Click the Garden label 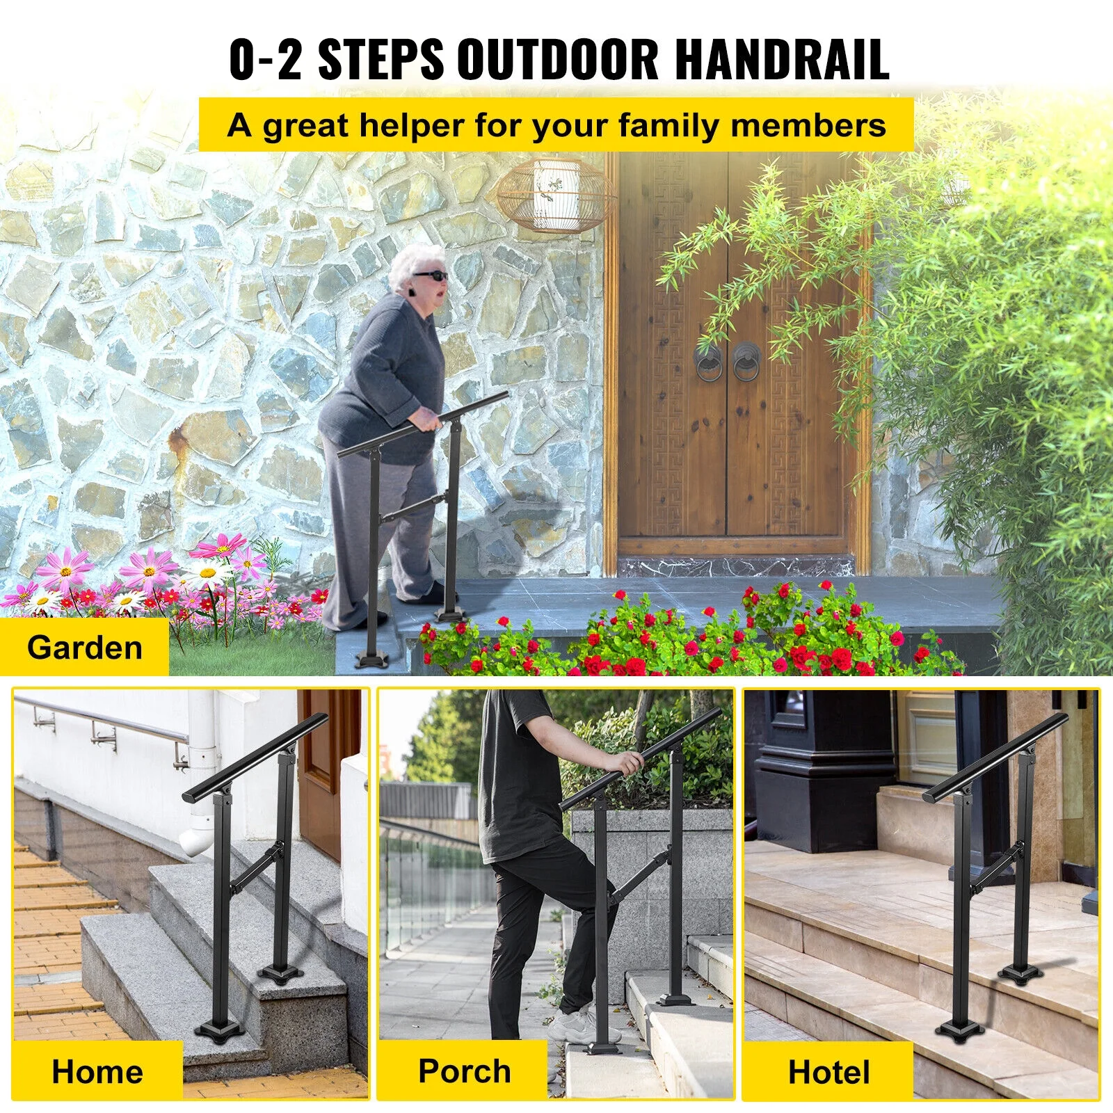point(85,648)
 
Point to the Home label point(97,1071)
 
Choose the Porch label point(465,1071)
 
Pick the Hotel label point(828,1072)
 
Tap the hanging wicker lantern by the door point(555,194)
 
